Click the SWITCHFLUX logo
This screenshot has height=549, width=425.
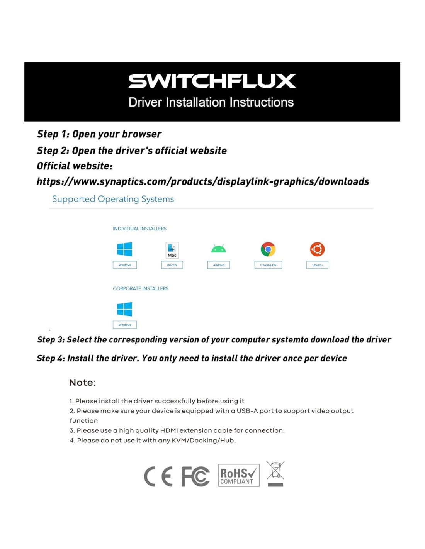click(212, 81)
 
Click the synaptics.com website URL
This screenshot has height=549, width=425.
click(202, 181)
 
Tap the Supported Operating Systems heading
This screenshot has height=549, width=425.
click(113, 199)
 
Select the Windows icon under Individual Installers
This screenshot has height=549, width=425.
click(124, 249)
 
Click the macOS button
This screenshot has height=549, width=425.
click(172, 265)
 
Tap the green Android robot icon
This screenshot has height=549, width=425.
click(219, 249)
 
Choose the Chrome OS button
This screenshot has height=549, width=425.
click(268, 265)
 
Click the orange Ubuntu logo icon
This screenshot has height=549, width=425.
click(317, 249)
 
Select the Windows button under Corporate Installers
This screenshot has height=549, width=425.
click(124, 325)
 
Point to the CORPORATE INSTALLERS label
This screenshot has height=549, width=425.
click(140, 288)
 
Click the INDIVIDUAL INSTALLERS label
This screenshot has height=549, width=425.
click(139, 229)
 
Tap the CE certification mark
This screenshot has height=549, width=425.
click(158, 476)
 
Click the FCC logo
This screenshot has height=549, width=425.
click(195, 476)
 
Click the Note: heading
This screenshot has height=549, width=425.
click(82, 383)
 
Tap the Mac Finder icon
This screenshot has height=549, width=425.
click(172, 250)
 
